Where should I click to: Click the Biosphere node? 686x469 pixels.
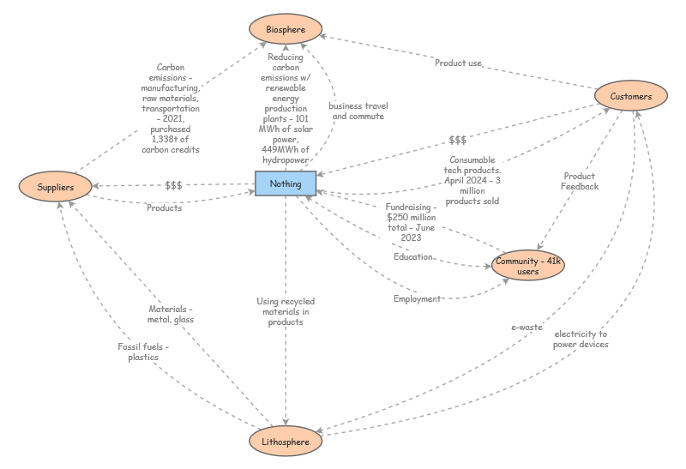[x=286, y=29]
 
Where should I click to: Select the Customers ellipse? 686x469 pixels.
[x=631, y=96]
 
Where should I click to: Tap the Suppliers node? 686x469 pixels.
[x=55, y=186]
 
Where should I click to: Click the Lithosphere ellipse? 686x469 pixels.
[x=286, y=441]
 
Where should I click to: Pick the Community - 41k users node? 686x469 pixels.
[x=529, y=266]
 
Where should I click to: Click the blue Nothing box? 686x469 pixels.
[x=286, y=184]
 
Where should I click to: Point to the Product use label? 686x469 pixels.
[x=458, y=63]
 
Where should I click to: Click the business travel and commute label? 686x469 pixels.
[x=357, y=111]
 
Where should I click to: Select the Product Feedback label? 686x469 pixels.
[x=580, y=181]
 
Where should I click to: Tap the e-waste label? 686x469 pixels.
[x=527, y=327]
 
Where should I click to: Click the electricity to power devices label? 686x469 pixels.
[x=581, y=339]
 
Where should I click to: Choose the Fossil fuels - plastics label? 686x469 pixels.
[x=143, y=352]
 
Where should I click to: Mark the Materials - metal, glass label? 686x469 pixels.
[x=171, y=314]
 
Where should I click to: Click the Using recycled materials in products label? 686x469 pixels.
[x=286, y=311]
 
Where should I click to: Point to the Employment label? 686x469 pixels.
[x=417, y=298]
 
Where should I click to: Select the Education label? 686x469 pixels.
[x=413, y=257]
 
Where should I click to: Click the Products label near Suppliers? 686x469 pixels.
[x=164, y=207]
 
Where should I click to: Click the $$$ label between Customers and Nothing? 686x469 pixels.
[x=457, y=140]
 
